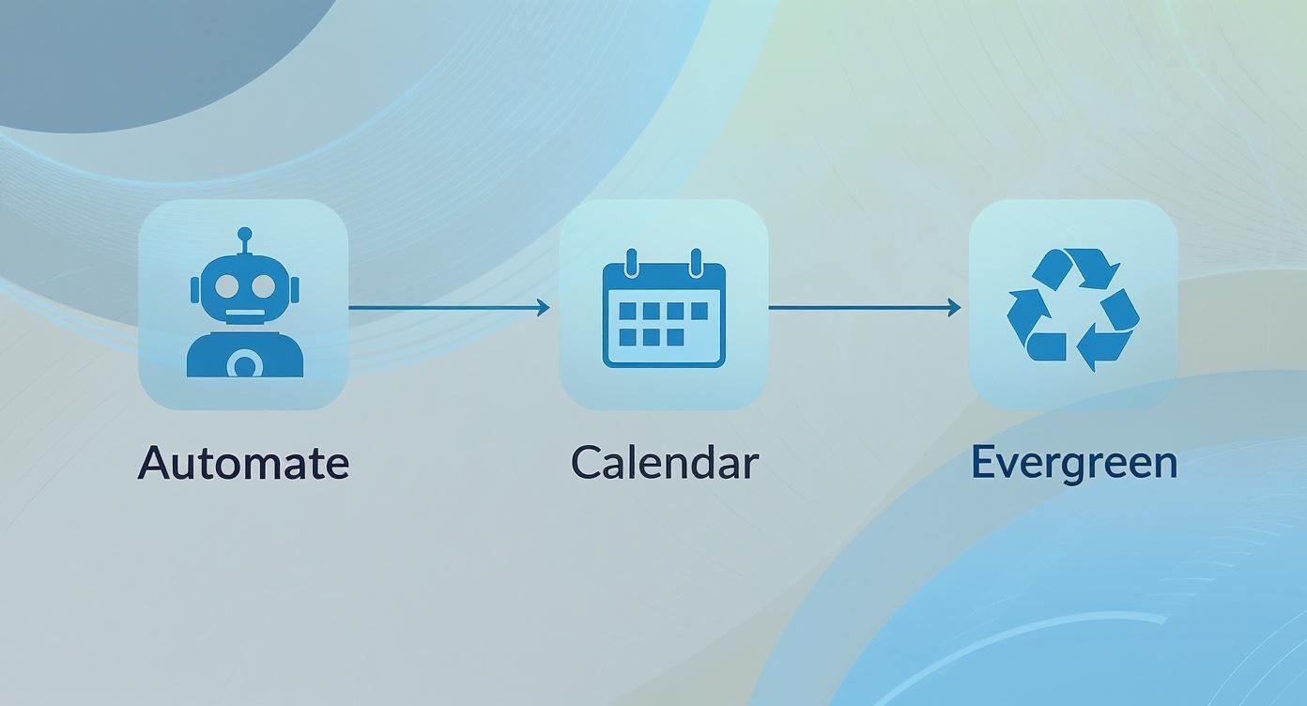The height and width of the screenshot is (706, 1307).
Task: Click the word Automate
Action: [243, 463]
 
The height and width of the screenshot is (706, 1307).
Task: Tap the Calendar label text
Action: [664, 463]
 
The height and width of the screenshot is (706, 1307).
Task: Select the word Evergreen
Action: [1073, 463]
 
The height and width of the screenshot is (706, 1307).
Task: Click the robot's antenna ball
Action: [245, 234]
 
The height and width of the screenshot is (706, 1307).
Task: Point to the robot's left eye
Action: [227, 285]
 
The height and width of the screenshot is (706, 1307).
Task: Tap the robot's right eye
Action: [263, 285]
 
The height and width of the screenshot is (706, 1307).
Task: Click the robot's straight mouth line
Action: [245, 313]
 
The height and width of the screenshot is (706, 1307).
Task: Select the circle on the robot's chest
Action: [245, 362]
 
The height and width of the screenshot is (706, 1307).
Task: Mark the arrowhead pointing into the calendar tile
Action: [544, 307]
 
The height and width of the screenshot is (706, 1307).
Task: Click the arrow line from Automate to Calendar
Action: [441, 307]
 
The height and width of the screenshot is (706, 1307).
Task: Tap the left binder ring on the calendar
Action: [632, 262]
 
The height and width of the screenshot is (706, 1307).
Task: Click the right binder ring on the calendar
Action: [696, 262]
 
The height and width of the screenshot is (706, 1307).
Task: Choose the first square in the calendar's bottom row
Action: [627, 336]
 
